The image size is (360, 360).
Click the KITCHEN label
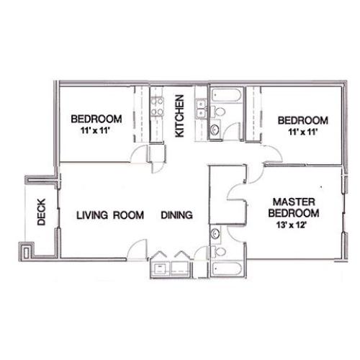click(179, 116)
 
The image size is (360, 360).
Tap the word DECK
click(41, 212)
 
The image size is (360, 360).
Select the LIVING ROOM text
click(110, 215)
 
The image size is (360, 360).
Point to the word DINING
click(177, 215)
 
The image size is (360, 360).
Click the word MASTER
click(294, 202)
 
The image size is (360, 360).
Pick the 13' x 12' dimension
click(292, 225)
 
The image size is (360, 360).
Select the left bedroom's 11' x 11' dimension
click(95, 130)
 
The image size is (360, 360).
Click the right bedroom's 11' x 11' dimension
click(303, 132)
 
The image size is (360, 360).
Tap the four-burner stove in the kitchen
click(157, 107)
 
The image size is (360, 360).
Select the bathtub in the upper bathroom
click(226, 96)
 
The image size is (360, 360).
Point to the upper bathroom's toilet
click(218, 112)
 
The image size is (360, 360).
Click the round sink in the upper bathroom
click(215, 130)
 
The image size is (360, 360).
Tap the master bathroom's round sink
click(215, 233)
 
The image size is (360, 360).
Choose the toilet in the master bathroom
click(218, 251)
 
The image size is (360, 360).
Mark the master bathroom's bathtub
click(227, 269)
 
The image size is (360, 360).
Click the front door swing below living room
click(138, 249)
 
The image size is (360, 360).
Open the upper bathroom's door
click(233, 132)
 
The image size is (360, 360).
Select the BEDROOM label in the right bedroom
click(303, 120)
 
